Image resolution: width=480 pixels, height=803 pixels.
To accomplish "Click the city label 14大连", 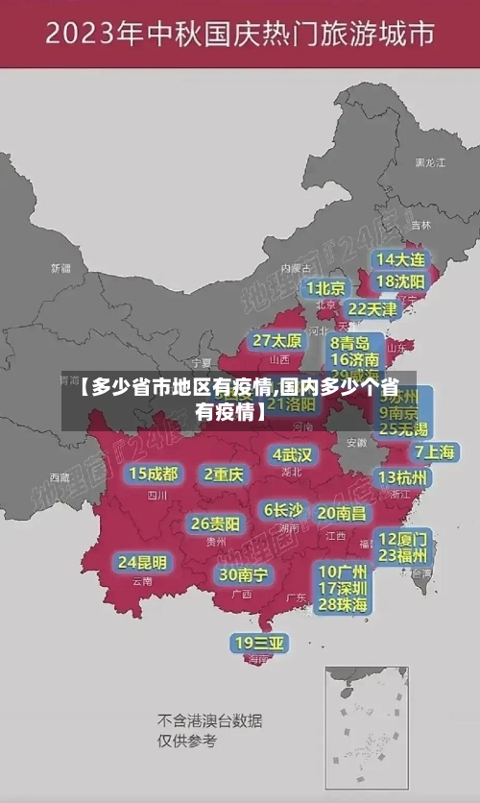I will (401, 259).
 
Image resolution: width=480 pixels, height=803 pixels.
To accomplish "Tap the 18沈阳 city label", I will (401, 281).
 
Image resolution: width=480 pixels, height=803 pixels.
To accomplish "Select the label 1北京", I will (326, 288).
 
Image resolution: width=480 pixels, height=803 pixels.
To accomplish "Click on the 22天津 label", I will (372, 309).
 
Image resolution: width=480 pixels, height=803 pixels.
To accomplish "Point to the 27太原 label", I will (277, 341).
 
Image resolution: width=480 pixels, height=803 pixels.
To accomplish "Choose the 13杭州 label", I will (403, 477).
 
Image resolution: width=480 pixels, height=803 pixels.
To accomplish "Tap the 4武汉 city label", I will (292, 454).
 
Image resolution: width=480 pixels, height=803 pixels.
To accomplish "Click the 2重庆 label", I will (224, 474).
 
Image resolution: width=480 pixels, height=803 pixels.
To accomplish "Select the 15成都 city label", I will (154, 474).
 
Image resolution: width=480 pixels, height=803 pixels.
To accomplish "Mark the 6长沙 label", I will (283, 510).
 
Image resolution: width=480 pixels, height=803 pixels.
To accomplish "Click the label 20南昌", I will (342, 514).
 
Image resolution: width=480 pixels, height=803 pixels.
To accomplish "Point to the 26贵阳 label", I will (215, 523).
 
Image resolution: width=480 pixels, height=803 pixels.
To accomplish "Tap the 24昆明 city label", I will (142, 562).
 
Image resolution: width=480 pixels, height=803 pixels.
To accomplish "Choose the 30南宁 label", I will (244, 574).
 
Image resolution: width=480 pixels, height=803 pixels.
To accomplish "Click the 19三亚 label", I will (259, 643).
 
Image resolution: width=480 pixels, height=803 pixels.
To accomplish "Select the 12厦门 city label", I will (403, 538).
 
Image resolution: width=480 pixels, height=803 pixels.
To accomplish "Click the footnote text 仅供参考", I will (187, 741).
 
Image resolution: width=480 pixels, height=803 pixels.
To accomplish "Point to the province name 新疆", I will (60, 268).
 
